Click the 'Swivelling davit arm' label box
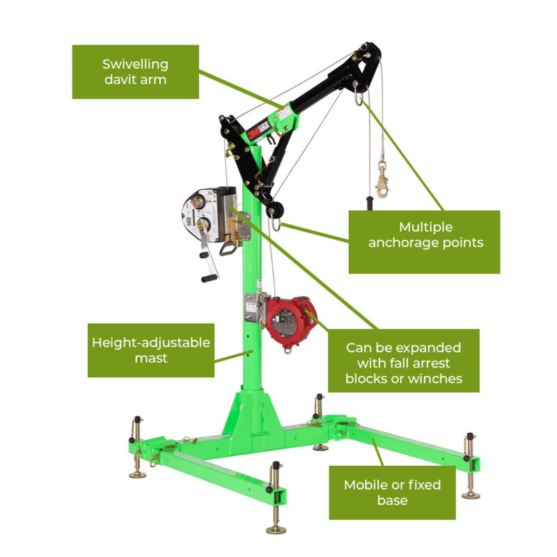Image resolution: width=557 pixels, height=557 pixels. tap(136, 72)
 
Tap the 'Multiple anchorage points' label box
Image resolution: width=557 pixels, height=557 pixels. tap(425, 235)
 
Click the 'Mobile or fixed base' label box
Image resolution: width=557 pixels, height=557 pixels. tap(392, 492)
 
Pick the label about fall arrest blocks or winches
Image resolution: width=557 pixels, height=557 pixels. tap(404, 363)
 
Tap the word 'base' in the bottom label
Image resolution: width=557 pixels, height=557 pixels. tap(392, 501)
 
